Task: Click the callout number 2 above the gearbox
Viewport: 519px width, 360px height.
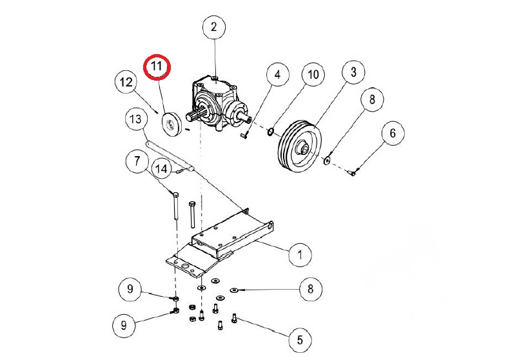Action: [x=213, y=28]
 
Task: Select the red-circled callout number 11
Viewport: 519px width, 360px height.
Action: [x=157, y=67]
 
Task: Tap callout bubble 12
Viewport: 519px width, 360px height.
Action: [x=126, y=83]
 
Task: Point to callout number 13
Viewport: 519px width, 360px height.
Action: [x=136, y=120]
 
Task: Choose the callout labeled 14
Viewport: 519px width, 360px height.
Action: [x=162, y=170]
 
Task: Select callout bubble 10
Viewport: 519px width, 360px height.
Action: [x=313, y=75]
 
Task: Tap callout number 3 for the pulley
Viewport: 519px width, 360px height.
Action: [x=353, y=72]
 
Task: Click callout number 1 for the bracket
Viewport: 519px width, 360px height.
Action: [x=299, y=254]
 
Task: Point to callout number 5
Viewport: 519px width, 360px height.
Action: [x=299, y=339]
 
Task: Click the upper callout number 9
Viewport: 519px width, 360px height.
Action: [x=130, y=290]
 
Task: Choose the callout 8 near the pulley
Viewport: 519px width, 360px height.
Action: [x=372, y=101]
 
